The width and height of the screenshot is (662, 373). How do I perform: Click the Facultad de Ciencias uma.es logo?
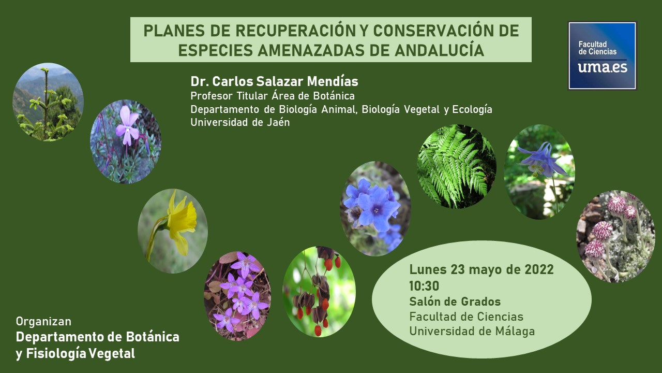coord(602,55)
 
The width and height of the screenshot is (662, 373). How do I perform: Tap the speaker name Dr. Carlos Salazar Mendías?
coord(274,81)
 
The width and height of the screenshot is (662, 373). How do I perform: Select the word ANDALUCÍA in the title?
coord(440,50)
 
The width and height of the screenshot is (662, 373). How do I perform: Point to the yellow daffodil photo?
coord(173,231)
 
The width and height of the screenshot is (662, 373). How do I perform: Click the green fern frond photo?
coord(456,166)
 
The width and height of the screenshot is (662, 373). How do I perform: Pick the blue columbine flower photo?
coord(539,171)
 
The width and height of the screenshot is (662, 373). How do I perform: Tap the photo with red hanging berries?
coord(319,292)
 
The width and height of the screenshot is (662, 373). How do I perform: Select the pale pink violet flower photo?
coord(126,141)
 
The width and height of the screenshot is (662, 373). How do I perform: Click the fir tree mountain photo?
coord(48,102)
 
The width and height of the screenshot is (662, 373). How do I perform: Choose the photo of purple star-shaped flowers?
coord(237,296)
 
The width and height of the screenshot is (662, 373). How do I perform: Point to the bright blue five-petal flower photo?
coord(375,209)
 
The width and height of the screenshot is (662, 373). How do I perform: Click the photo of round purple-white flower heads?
coord(615,236)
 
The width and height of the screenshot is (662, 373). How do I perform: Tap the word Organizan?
coord(44,322)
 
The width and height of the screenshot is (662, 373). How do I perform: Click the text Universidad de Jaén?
coord(240,122)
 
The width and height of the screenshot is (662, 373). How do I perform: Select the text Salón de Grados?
coord(455,302)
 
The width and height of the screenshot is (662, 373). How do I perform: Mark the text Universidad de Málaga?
coord(472,331)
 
